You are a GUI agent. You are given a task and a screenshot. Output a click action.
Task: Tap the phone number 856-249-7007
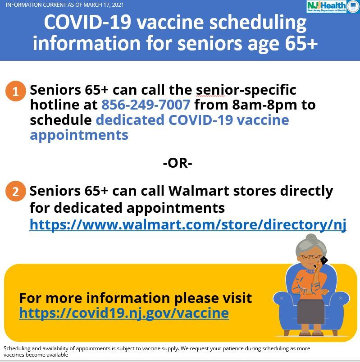point(146,105)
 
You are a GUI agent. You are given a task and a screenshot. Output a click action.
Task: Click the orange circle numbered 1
point(16,92)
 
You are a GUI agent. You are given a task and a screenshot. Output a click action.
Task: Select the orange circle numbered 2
point(16,192)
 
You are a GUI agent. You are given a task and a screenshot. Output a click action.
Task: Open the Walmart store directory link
point(188,224)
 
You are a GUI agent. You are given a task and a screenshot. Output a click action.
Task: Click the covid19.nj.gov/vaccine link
point(124,313)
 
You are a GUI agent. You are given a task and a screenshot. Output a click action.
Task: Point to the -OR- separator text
point(178,163)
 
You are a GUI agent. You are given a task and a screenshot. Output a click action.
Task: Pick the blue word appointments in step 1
point(79,135)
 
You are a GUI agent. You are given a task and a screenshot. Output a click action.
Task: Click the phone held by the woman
point(323,260)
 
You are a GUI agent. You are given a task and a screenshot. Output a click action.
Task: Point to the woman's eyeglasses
point(311,257)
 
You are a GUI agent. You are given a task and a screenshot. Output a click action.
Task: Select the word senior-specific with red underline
point(246,90)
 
